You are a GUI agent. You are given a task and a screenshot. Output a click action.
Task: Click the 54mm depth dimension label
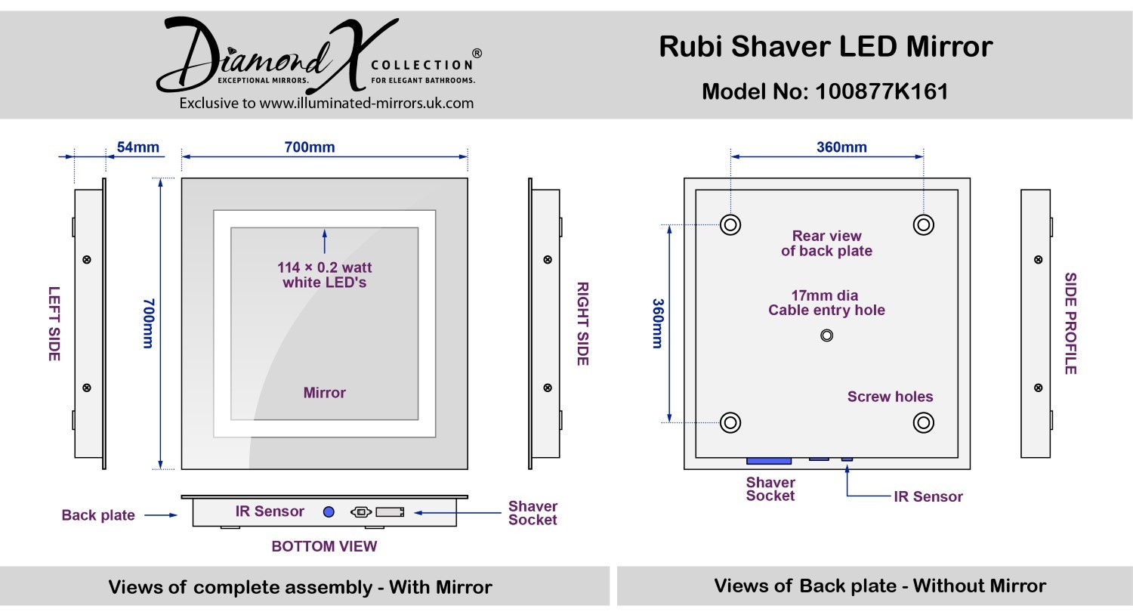point(137,147)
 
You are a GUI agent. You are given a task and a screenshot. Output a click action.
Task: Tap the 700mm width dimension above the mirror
point(310,147)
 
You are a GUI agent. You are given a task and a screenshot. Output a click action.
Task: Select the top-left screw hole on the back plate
point(730,224)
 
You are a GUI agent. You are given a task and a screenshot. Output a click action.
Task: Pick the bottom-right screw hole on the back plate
point(923,422)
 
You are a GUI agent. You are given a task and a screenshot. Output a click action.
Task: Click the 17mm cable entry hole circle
point(826,335)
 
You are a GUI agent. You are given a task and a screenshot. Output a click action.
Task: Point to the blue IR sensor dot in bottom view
point(329,511)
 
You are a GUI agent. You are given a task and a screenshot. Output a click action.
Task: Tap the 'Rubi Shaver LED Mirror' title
point(826,47)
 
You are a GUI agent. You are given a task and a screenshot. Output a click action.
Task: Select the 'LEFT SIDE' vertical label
point(54,323)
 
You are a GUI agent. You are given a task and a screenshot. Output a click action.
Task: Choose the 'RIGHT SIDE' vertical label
point(582,323)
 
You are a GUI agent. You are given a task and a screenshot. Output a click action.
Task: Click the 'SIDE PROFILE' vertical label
point(1070,323)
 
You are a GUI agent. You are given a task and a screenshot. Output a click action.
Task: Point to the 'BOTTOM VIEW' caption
point(324,546)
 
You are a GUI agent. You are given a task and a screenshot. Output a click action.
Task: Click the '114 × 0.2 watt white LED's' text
point(325,275)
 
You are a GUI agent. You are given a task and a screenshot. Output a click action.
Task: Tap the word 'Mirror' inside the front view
point(325,393)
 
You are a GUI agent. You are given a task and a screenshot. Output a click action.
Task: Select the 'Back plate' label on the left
point(98,515)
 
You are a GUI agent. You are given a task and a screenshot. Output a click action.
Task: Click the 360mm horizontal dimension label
point(841,147)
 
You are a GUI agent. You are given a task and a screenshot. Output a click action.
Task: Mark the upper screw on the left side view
point(87,260)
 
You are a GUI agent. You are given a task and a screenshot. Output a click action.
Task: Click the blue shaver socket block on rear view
point(769,460)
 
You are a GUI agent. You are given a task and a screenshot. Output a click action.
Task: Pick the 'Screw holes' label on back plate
point(890,397)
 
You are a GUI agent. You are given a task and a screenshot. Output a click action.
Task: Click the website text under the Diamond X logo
point(326,104)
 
